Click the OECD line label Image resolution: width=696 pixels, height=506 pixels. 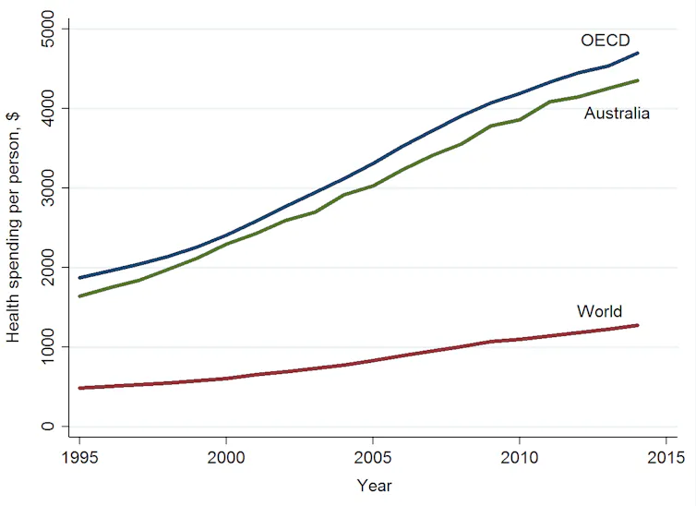tap(606, 41)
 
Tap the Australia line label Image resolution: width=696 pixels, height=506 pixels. tap(617, 114)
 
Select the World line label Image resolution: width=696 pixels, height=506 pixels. tap(599, 311)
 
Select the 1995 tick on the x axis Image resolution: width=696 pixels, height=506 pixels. tap(79, 457)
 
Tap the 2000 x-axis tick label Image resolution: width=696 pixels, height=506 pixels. tap(226, 457)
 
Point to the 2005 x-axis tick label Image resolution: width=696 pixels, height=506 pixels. tap(372, 457)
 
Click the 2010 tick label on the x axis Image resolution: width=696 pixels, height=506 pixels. tap(520, 457)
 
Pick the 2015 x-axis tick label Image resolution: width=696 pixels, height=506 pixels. tap(666, 457)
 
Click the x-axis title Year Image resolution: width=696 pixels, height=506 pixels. tap(374, 486)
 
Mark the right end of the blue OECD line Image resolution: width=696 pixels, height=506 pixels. tap(638, 54)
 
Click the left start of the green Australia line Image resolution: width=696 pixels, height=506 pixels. tap(80, 296)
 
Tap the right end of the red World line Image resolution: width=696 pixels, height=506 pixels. tap(638, 325)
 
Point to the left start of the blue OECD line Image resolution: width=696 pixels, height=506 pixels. tap(80, 278)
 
